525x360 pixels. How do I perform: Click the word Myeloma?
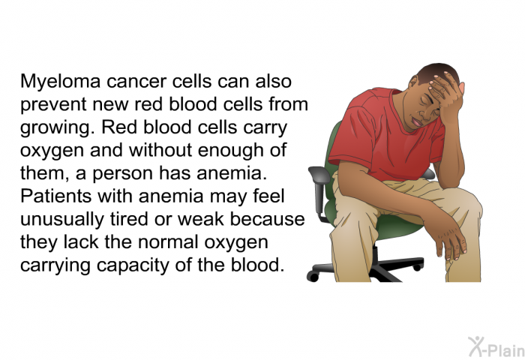(60, 82)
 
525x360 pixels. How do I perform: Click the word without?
(160, 150)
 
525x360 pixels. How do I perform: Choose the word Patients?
(55, 196)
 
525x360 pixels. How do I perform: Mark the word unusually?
(62, 220)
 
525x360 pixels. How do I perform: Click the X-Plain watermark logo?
(496, 346)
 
